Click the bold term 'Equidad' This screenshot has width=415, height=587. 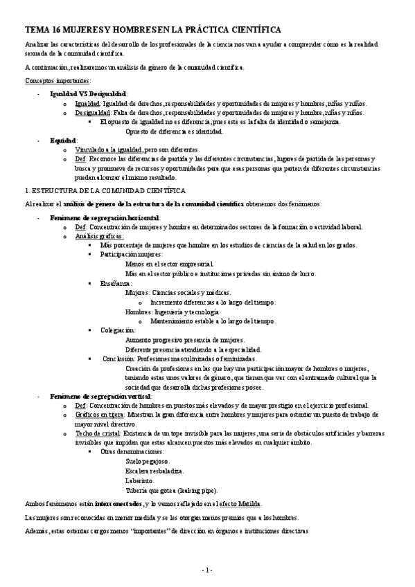(x=63, y=140)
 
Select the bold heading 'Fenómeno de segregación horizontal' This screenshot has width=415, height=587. (x=105, y=217)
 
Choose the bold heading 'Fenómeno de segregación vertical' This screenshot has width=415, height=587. (x=100, y=397)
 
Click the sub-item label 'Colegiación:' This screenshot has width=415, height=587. (x=118, y=330)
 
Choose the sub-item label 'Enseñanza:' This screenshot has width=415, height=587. (x=115, y=283)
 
